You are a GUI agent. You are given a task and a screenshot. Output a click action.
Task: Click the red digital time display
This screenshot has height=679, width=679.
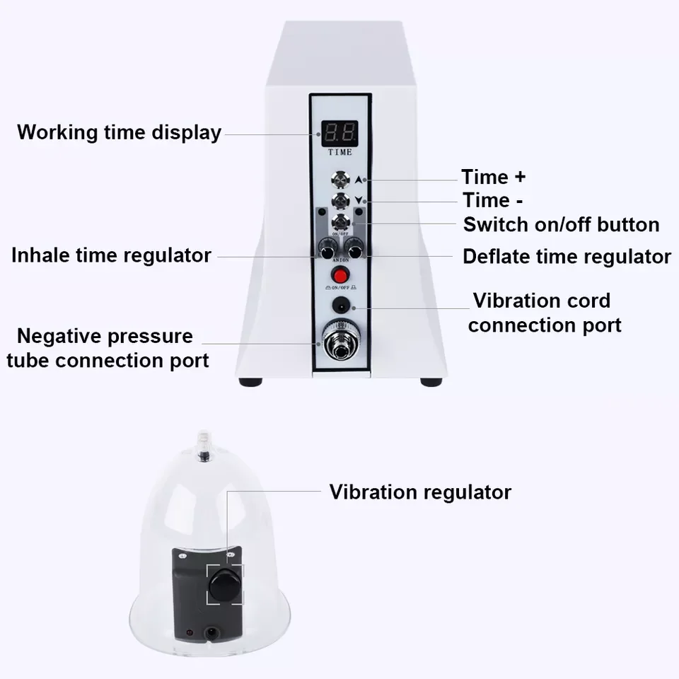pos(339,132)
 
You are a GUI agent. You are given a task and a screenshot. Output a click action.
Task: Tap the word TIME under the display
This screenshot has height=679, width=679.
pos(339,152)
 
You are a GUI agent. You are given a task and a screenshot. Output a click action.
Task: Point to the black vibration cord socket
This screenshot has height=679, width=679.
pos(340,305)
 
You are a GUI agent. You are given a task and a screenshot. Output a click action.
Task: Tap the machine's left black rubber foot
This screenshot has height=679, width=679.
pos(250,382)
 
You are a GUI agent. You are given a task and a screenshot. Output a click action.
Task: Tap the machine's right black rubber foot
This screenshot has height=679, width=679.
pos(431,382)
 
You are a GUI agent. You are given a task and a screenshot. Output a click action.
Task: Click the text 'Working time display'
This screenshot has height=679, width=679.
pos(119,132)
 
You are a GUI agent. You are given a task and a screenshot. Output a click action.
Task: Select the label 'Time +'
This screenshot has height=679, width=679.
pos(494,177)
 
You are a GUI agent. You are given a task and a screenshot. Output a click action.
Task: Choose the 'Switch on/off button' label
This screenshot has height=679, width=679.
pos(561,225)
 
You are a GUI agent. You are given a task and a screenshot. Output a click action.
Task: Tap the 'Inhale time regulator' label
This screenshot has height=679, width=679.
pos(111,255)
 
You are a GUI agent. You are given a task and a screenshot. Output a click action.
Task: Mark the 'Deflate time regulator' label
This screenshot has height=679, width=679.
pos(567,256)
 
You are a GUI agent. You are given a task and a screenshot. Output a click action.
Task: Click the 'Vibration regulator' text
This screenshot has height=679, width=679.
pos(420,492)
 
